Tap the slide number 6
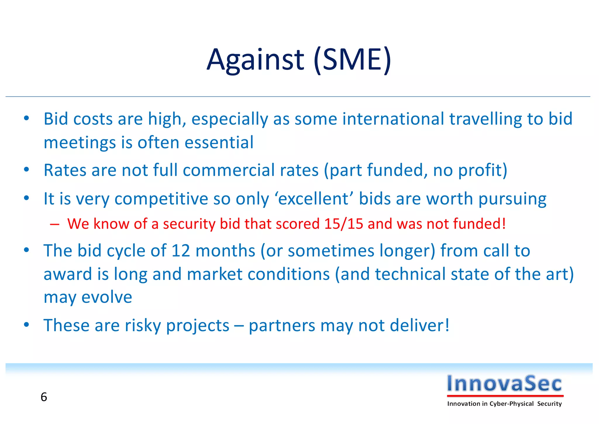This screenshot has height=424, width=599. [x=44, y=397]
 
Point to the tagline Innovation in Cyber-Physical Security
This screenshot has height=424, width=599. [x=504, y=404]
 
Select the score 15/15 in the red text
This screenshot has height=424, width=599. [x=343, y=224]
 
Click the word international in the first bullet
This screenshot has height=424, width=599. [x=393, y=119]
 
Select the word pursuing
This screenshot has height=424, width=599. [x=512, y=199]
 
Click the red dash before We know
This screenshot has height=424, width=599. [x=54, y=224]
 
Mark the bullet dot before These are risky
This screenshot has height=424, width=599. [x=27, y=325]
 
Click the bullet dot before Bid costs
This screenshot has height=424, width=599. [x=27, y=118]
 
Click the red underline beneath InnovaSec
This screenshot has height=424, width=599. [x=505, y=396]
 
